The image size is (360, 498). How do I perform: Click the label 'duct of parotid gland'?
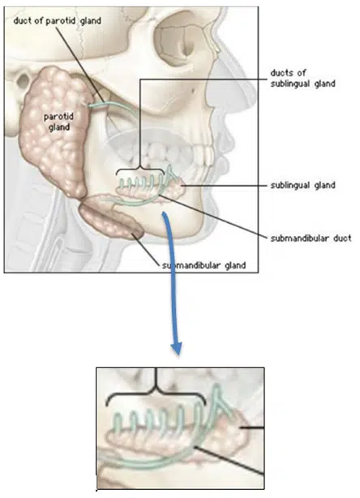point(57,21)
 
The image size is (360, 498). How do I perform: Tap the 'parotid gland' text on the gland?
point(58,122)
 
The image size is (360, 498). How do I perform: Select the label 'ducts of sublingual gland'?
point(302,78)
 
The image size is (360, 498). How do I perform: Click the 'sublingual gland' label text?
point(302,185)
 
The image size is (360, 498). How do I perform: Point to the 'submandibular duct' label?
point(311,238)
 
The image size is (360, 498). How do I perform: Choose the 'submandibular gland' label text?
point(204,265)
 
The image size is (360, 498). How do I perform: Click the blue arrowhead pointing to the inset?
point(176,349)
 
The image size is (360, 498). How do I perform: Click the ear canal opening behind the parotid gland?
point(23,82)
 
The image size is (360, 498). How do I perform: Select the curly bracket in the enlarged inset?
point(156,392)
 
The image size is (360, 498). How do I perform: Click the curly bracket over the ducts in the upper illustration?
point(140,170)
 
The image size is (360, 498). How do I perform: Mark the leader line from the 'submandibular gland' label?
point(145,249)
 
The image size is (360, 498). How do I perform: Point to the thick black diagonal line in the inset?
point(229,461)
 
